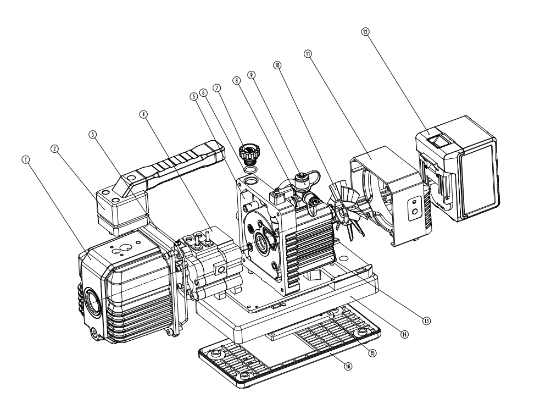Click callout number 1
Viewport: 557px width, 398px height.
25,158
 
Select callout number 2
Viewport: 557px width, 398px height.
55,148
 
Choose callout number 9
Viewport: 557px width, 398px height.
252,74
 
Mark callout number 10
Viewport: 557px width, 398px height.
277,65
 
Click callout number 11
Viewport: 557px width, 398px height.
308,54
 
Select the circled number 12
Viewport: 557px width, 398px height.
365,31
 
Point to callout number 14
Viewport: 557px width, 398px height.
405,334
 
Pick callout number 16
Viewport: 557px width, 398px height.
347,366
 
